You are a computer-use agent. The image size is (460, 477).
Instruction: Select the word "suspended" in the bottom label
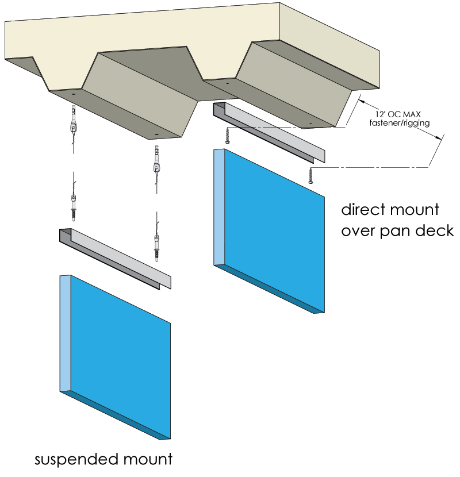(x=75, y=460)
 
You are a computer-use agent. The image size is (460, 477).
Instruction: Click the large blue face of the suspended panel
(x=121, y=356)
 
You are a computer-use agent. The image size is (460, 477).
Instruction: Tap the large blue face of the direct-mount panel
(x=276, y=230)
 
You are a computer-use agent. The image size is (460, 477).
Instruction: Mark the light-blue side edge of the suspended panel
(x=65, y=333)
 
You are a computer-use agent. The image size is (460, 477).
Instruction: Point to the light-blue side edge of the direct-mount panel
(x=219, y=207)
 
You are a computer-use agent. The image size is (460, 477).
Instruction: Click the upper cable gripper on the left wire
(x=74, y=124)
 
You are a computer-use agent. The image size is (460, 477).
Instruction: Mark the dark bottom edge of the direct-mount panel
(x=270, y=290)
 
